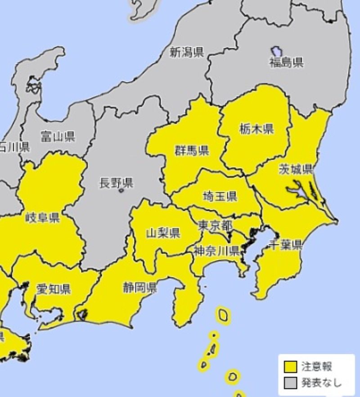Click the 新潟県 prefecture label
click(x=186, y=53)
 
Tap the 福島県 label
click(x=286, y=63)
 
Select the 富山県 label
click(x=58, y=136)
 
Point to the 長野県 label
click(x=116, y=183)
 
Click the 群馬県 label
click(x=192, y=151)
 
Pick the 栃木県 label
click(x=256, y=130)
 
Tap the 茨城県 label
click(x=295, y=170)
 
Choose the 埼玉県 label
click(x=220, y=197)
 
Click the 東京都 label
click(x=215, y=224)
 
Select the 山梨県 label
click(x=163, y=233)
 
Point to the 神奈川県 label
click(x=216, y=251)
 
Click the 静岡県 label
click(x=139, y=287)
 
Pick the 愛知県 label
click(x=54, y=289)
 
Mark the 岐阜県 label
click(x=43, y=218)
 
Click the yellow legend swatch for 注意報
click(x=290, y=367)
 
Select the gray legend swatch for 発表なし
click(x=290, y=383)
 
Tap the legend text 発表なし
click(x=321, y=383)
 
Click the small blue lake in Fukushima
click(x=276, y=52)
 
